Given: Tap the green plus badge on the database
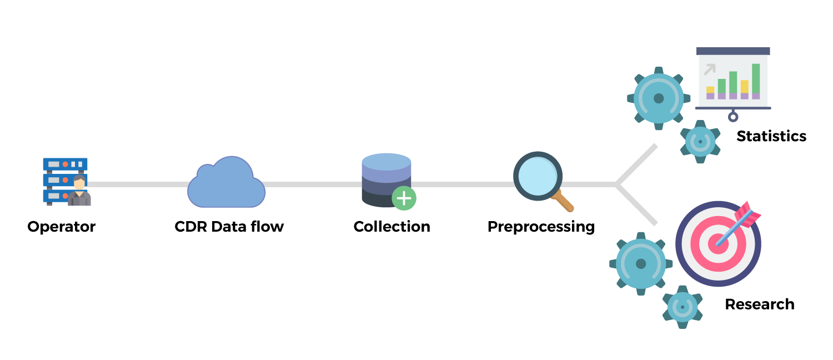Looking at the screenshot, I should coord(404,198).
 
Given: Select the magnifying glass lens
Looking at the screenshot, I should coord(538,176).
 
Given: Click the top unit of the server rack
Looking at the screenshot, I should coord(65,164).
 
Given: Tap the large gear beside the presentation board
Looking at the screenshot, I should coord(659,98).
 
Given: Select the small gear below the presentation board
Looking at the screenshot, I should coord(700,142).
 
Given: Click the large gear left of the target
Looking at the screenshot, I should coord(641,263).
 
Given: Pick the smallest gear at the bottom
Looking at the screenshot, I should coord(683,307).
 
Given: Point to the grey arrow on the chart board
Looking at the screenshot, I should coord(709,69).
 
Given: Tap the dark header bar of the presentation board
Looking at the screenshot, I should coord(733,51).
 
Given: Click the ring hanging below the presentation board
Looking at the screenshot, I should coord(733,117).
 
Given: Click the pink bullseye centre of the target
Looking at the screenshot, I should coord(717,244).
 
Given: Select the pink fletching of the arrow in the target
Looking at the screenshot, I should coord(748,214).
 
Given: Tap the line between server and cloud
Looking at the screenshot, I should coord(139,184).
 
